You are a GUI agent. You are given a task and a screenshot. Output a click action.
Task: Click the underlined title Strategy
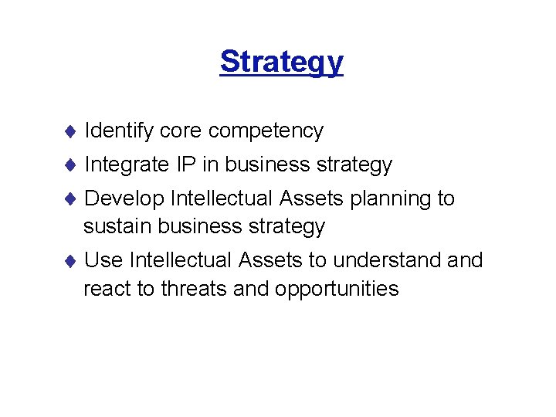click(281, 61)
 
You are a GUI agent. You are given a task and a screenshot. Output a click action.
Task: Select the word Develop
click(124, 199)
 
